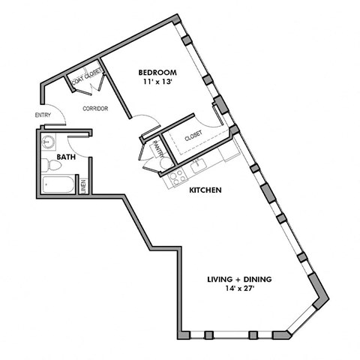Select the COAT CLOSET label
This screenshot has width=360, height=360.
tap(87, 78)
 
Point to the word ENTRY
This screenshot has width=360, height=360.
tap(43, 115)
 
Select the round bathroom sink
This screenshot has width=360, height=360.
tap(49, 141)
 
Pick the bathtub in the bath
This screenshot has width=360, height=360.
tap(58, 185)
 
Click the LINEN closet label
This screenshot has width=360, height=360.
tap(83, 184)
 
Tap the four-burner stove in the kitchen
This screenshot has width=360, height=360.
tap(178, 177)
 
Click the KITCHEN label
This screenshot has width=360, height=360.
tap(204, 190)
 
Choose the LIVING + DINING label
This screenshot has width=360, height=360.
tap(239, 280)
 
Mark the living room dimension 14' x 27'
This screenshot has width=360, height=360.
tap(239, 289)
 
